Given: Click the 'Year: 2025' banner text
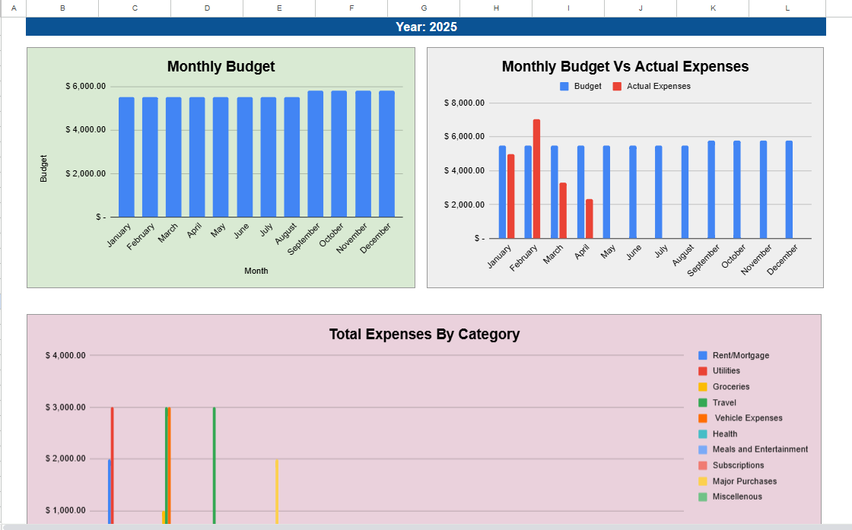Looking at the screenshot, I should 426,27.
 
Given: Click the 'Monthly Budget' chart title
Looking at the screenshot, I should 221,67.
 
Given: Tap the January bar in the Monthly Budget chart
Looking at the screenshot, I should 126,157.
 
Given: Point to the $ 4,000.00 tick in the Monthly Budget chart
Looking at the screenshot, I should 85,130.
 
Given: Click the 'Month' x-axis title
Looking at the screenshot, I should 256,271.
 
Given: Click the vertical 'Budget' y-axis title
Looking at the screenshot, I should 43,168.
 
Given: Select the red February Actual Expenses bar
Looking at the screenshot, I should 536,179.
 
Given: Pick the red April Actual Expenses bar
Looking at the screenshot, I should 589,219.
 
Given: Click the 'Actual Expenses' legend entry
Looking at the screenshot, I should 658,87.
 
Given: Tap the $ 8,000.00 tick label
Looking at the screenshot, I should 464,103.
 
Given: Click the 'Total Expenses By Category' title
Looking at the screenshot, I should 424,334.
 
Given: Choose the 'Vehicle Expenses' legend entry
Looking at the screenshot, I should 748,418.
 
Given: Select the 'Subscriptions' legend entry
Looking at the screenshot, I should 737,465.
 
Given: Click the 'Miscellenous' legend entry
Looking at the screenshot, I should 736,497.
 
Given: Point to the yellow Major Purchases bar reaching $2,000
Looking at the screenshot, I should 277,491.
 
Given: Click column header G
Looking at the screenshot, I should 424,8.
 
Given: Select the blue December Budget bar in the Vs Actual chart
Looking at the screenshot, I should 789,189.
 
